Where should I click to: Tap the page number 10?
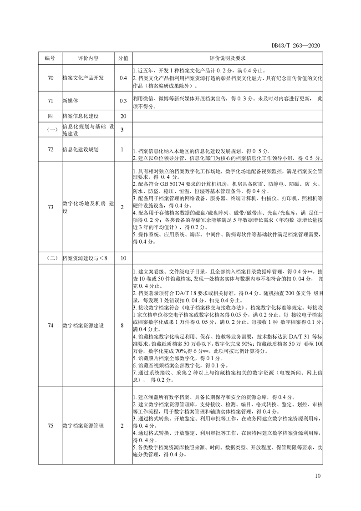[x=318, y=476]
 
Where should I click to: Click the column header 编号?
[x=50, y=59]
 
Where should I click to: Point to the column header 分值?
[x=123, y=59]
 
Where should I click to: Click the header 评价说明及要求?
[x=228, y=59]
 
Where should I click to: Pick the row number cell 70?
[x=50, y=78]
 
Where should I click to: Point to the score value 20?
[x=123, y=117]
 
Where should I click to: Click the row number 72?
[x=50, y=149]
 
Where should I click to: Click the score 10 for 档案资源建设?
[x=123, y=258]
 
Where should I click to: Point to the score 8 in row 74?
[x=123, y=326]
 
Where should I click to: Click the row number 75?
[x=50, y=425]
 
